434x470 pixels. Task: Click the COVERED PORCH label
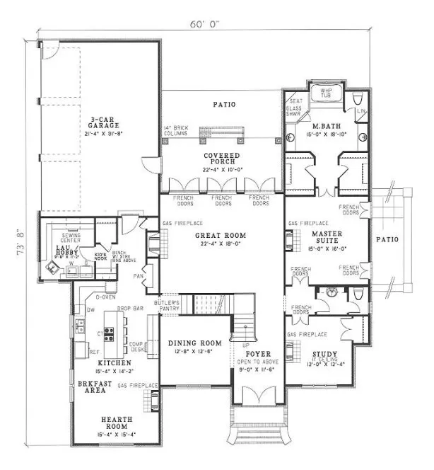(x=222, y=159)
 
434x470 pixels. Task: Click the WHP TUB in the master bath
(x=326, y=94)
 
